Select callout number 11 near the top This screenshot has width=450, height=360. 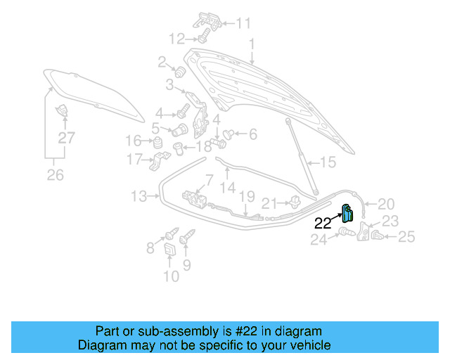(243, 23)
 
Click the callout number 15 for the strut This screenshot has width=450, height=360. (328, 163)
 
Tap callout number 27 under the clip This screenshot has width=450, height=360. (65, 139)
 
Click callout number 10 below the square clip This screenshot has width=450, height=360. (171, 276)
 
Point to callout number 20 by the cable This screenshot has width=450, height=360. (387, 204)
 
